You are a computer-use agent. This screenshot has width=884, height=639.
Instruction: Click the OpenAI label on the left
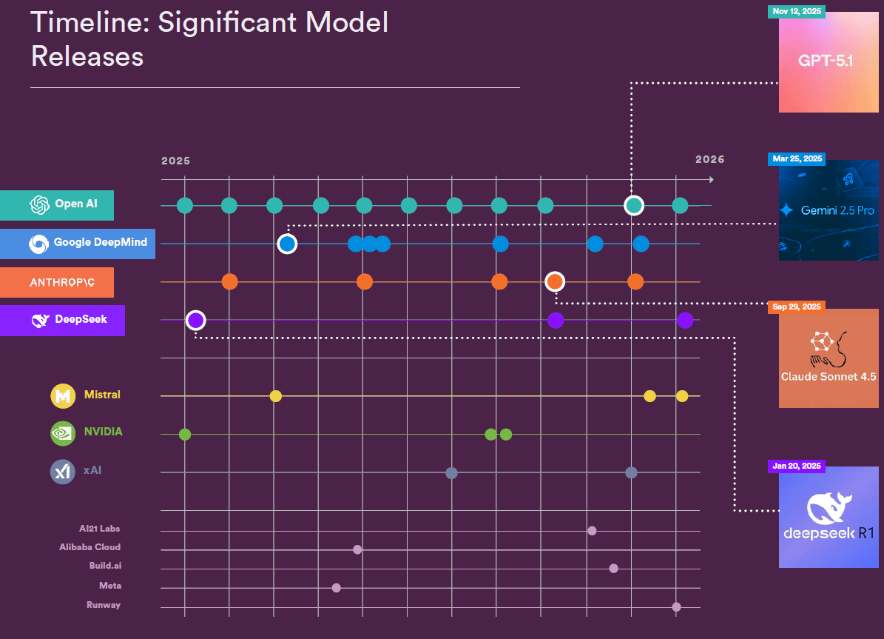coord(57,205)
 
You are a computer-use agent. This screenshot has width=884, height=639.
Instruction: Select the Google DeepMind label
coord(78,243)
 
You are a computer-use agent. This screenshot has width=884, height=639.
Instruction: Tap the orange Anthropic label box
coord(57,282)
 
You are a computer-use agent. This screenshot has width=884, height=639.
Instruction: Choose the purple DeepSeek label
coord(62,320)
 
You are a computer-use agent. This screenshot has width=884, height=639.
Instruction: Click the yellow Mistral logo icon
coord(63,395)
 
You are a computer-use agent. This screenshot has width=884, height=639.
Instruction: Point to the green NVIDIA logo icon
coord(63,432)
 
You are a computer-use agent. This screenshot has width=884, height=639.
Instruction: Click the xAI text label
coord(92,470)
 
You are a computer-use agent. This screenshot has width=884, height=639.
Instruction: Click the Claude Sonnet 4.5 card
coord(829,358)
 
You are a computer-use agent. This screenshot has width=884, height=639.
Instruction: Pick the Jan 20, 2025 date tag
coord(797,466)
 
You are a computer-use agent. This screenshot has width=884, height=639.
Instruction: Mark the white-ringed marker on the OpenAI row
coord(634,205)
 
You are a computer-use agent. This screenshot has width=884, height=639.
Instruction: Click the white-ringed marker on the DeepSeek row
coord(195,320)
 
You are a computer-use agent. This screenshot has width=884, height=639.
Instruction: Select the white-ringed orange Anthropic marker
coord(555,281)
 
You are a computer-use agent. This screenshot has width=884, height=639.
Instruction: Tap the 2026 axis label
coord(709,159)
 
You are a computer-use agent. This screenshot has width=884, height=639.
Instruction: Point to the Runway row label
coord(103,605)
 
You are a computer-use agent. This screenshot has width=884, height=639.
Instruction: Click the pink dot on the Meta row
coord(337,588)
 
